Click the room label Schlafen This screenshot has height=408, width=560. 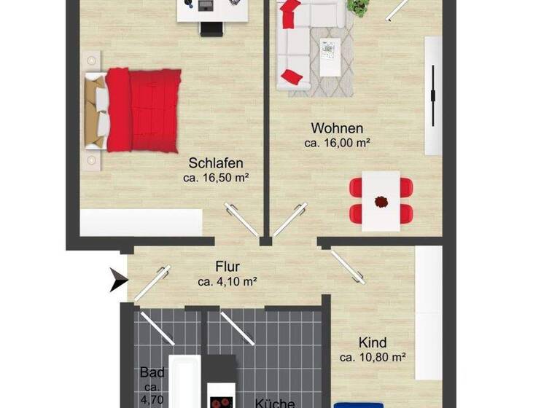[215, 163]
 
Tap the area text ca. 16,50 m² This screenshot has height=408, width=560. [216, 177]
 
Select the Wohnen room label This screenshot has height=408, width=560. [336, 129]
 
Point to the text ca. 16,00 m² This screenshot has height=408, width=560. [337, 143]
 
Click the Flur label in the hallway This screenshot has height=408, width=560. [227, 267]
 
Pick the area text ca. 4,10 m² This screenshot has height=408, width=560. [227, 280]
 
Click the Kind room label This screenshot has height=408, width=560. [372, 342]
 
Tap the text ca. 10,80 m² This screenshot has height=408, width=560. [373, 357]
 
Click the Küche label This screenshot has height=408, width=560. [274, 402]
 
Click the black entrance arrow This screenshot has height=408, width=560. [118, 279]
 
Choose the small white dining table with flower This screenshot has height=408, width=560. [382, 200]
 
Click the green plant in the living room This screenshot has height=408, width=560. [358, 7]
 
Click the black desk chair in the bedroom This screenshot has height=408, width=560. [211, 28]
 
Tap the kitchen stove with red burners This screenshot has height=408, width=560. [222, 401]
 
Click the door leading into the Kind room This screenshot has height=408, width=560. [347, 265]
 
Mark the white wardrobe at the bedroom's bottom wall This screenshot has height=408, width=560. [141, 223]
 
